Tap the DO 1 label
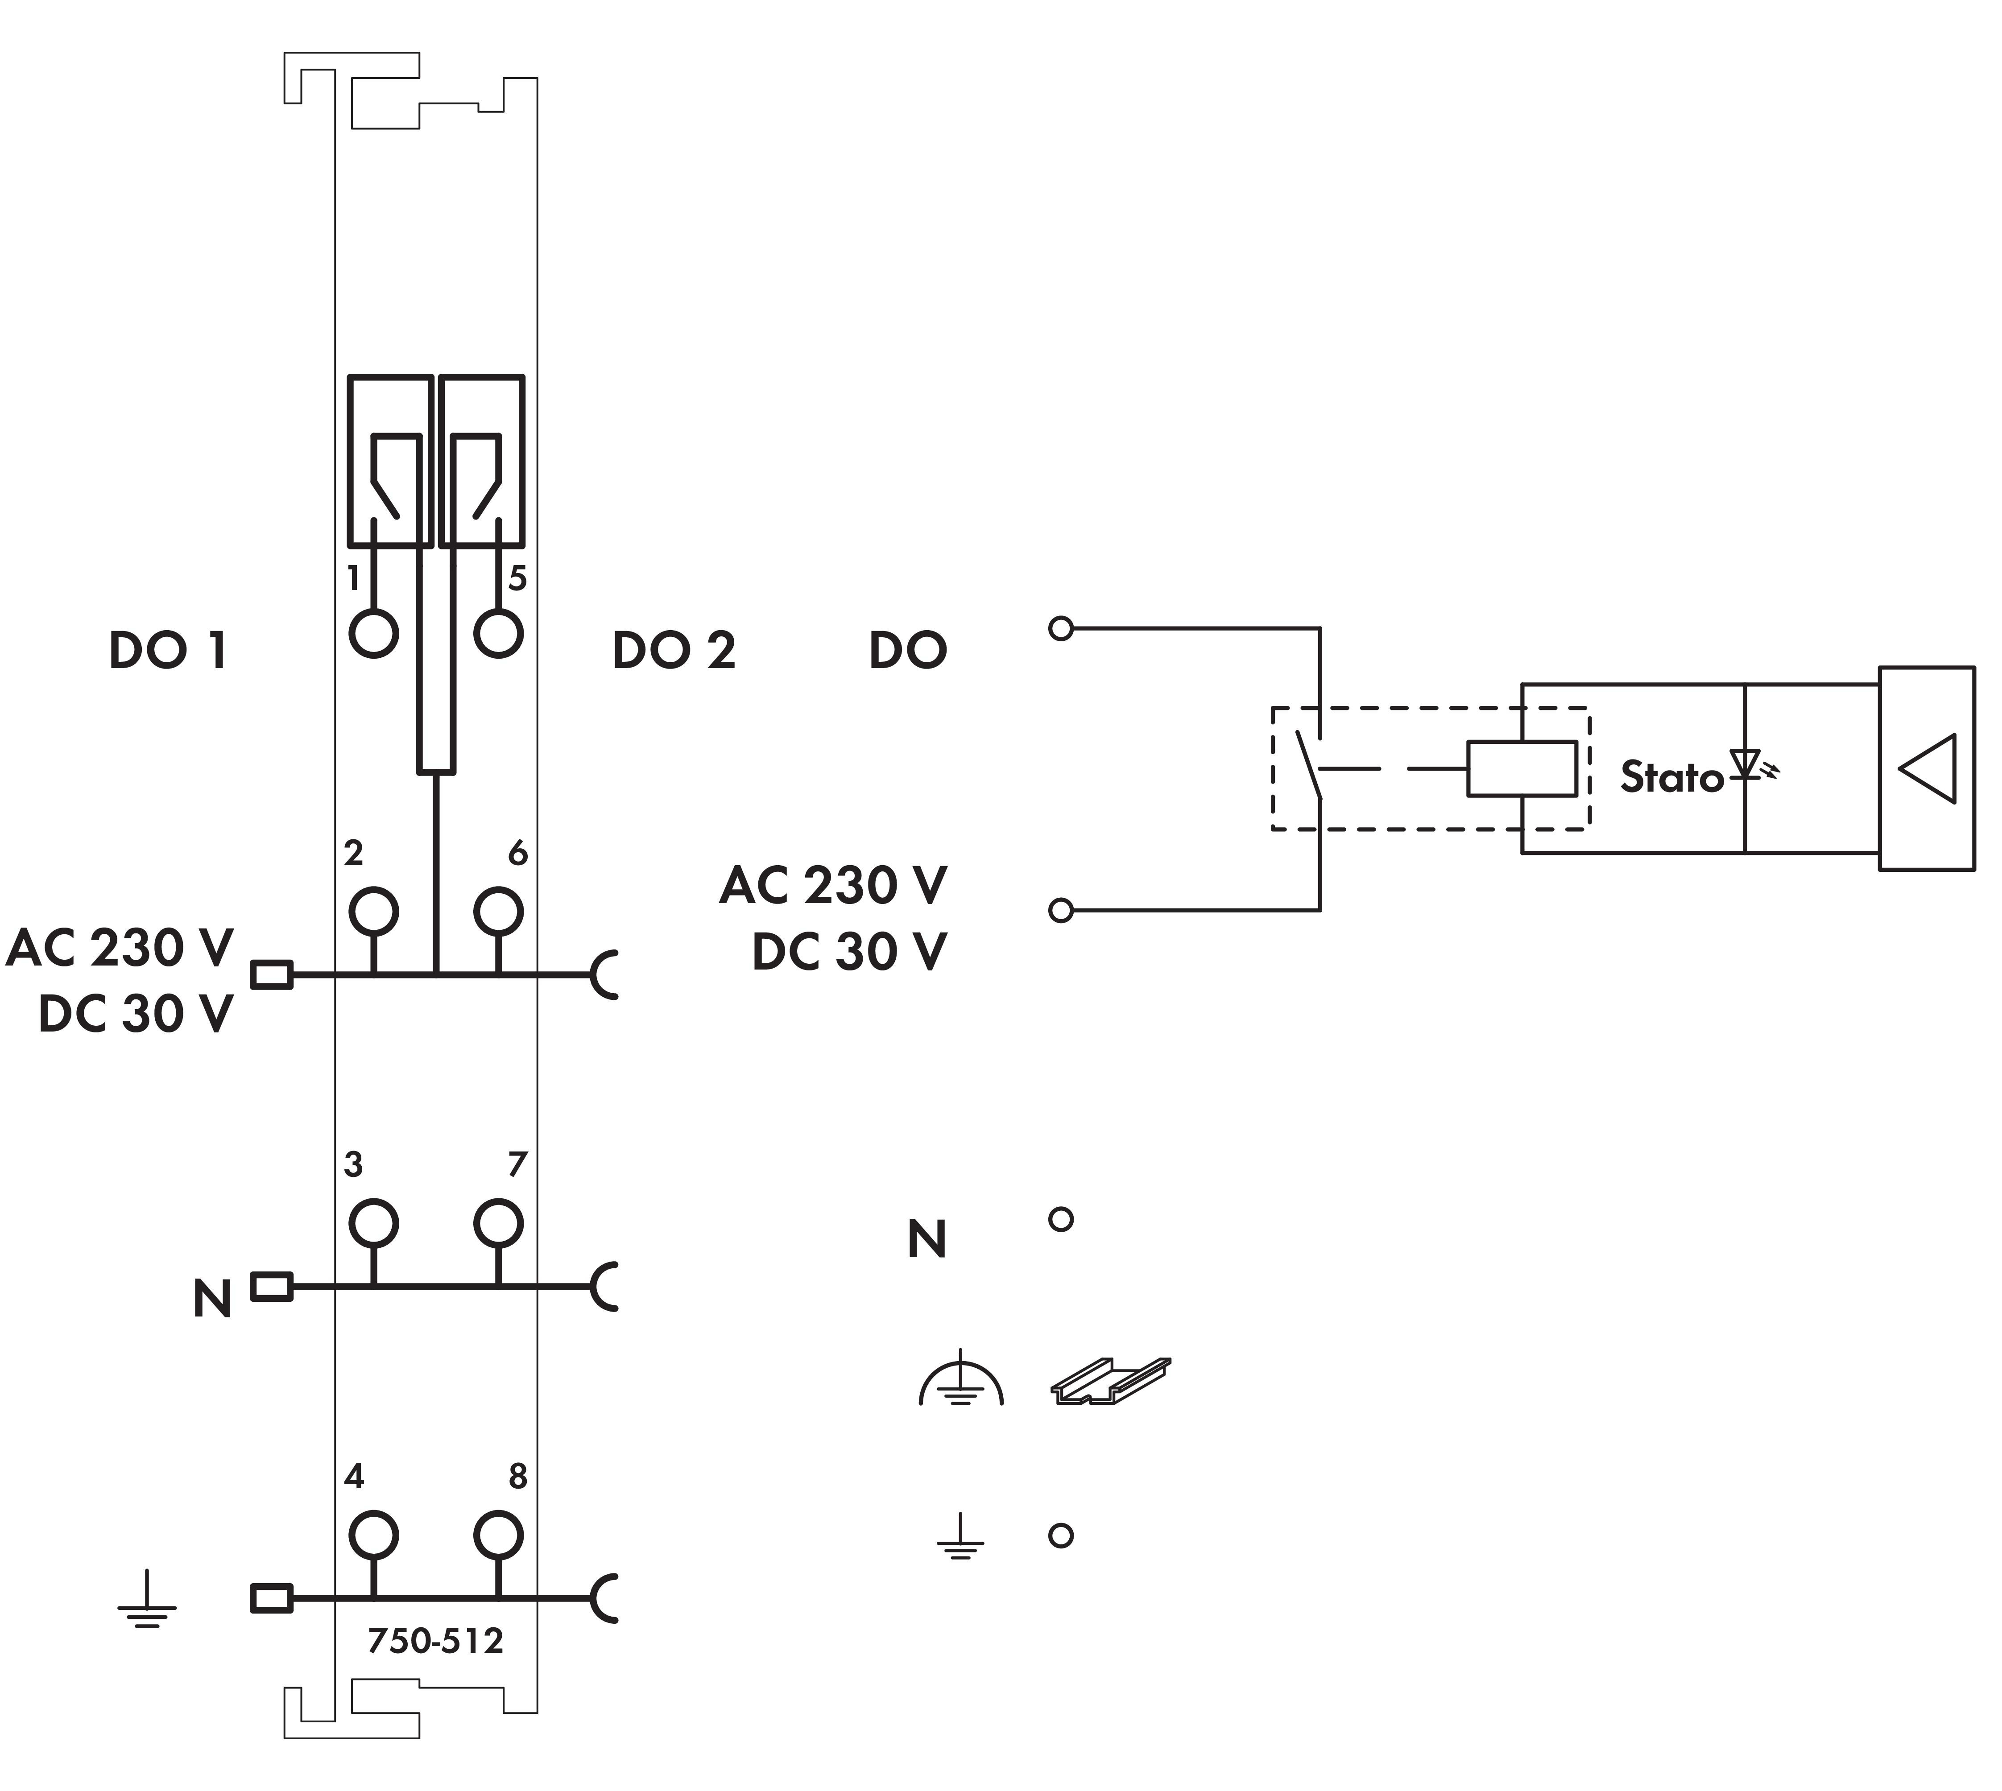pos(168,651)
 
